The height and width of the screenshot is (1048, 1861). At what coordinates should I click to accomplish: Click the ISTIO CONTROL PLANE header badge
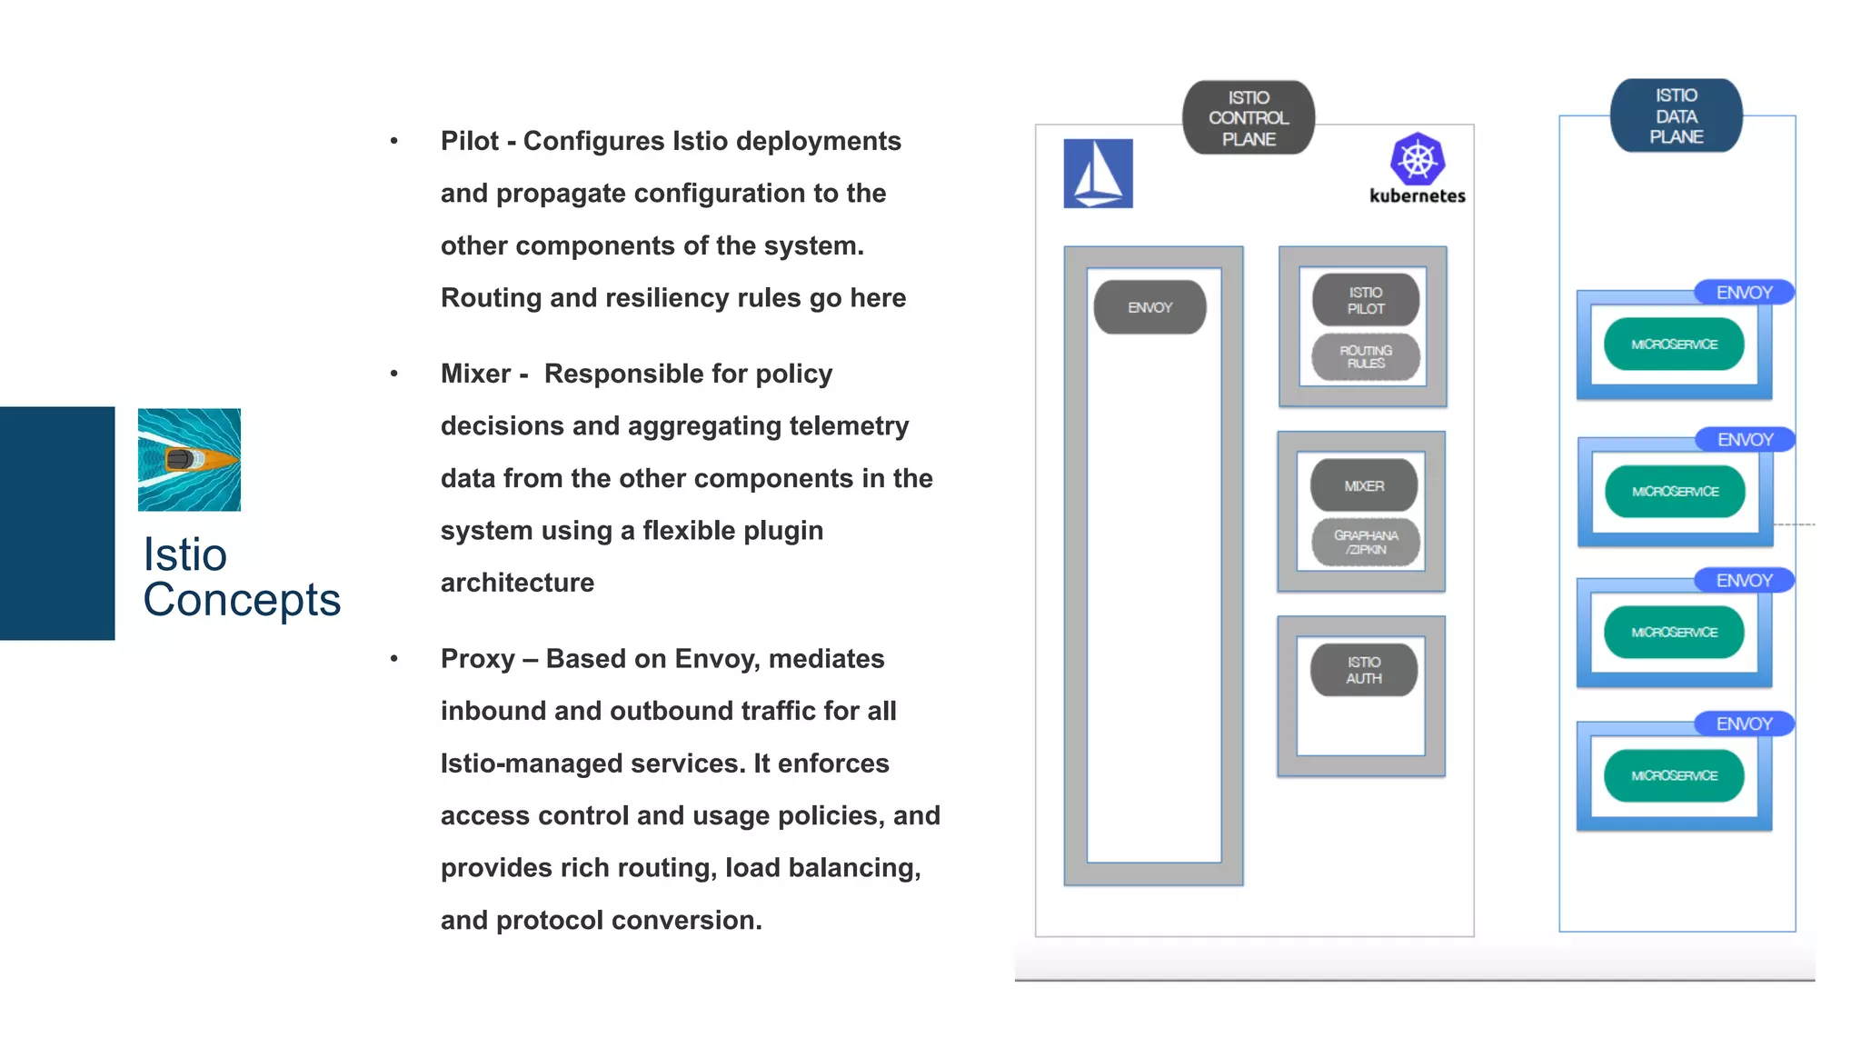click(1248, 118)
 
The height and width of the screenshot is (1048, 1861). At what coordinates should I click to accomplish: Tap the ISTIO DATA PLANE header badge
click(1676, 116)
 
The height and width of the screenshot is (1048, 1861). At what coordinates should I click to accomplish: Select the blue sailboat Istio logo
click(1098, 174)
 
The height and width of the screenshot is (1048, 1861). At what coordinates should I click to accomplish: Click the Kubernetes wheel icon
click(1417, 160)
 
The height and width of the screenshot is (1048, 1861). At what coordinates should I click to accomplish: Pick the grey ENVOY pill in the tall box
click(1149, 307)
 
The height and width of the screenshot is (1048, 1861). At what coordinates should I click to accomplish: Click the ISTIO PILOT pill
click(1365, 300)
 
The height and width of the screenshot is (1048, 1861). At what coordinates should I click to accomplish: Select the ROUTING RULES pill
click(1365, 356)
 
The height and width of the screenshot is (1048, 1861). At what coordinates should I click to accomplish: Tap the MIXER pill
click(1363, 486)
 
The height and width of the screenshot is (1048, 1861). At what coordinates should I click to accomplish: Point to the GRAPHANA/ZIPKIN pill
click(1365, 542)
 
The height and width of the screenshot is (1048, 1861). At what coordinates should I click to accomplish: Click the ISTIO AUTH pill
click(1363, 670)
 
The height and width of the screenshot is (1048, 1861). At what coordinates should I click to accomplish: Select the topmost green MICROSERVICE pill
click(1674, 344)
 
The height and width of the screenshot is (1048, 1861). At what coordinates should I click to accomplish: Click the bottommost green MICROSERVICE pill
click(1674, 775)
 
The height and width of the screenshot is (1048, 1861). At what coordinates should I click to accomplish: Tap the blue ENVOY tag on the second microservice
click(1745, 440)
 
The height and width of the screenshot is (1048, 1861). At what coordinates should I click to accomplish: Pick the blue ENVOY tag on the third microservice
click(1744, 581)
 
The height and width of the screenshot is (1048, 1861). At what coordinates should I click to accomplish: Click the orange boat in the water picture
click(200, 460)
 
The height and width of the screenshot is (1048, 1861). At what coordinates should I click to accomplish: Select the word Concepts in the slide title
click(242, 600)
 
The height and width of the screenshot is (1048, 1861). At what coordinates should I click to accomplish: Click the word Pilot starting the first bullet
click(470, 142)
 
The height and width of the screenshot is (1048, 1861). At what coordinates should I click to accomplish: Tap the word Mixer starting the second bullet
click(475, 374)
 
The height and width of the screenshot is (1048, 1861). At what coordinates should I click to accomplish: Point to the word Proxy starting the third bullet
click(477, 659)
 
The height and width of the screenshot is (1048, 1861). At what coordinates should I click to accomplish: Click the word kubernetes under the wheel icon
click(1417, 196)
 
